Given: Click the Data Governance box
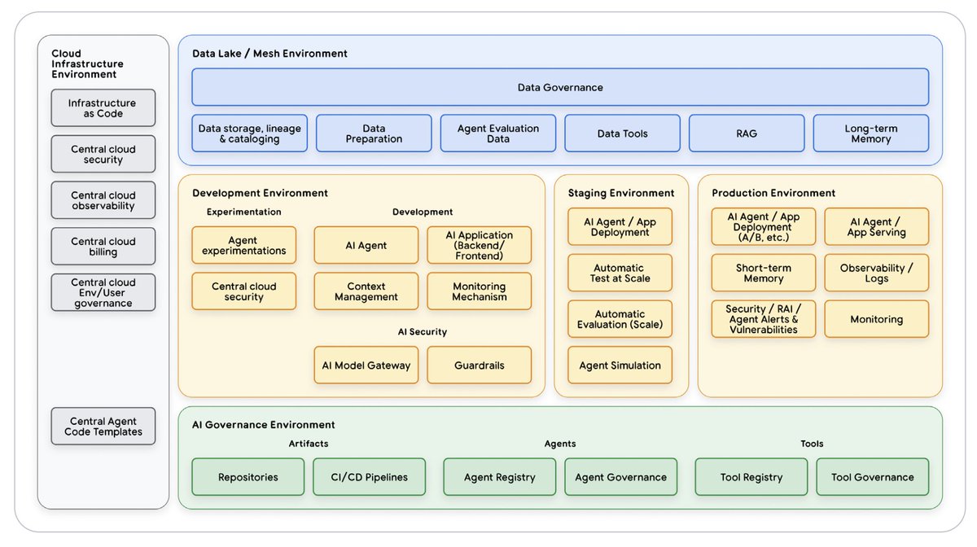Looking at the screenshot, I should tap(560, 87).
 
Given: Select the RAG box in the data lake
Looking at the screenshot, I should tap(747, 133).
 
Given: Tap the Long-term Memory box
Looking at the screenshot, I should tap(870, 133).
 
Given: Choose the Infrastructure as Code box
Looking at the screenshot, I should tap(103, 108).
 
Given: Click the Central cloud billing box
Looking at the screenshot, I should tap(103, 247).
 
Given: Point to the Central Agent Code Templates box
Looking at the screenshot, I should tap(103, 426).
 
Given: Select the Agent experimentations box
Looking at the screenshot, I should tap(243, 245).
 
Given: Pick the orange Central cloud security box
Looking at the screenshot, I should tap(243, 291).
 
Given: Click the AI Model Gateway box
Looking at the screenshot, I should tap(366, 365).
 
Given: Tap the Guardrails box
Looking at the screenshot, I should tap(479, 365).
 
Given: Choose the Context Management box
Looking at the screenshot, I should tap(366, 291).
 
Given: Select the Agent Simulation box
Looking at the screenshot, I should tap(620, 365).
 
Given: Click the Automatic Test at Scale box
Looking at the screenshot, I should tap(620, 273).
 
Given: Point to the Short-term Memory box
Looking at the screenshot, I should tap(763, 273).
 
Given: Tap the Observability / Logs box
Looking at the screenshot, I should tap(876, 273).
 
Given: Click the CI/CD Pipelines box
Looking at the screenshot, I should tap(369, 477).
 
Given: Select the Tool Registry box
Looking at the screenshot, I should tap(751, 477).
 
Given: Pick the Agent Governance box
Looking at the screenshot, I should tap(620, 477).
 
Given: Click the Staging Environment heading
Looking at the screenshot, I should tap(620, 193).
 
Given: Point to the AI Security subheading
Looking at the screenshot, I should tap(422, 332).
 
